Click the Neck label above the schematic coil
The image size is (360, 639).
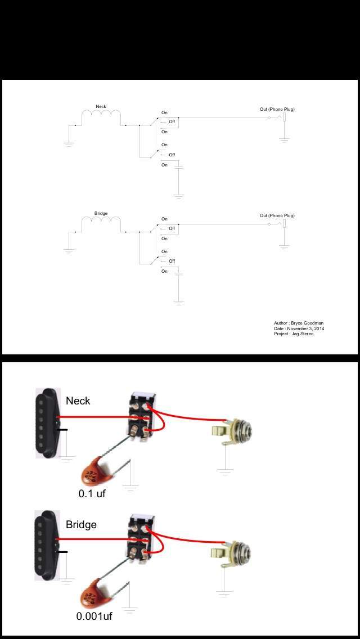101,106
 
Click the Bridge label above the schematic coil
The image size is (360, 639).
101,213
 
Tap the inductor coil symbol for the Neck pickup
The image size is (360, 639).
101,115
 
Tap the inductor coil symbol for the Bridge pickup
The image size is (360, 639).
101,222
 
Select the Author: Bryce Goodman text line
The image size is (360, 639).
299,323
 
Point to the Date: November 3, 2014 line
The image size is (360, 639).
299,328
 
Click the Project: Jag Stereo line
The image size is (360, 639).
294,334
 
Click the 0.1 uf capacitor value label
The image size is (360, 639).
92,493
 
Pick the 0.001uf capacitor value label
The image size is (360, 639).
94,616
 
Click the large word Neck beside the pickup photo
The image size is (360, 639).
78,401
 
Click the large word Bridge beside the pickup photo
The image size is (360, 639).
82,524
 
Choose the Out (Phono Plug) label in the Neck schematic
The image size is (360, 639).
277,109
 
